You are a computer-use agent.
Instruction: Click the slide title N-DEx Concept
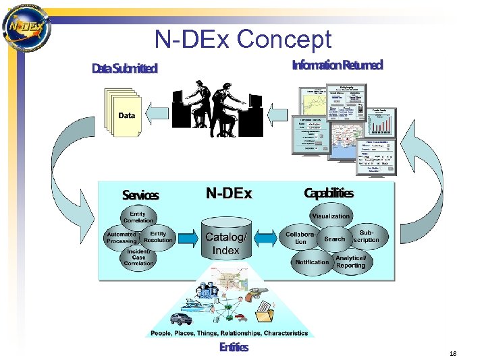pyautogui.click(x=243, y=39)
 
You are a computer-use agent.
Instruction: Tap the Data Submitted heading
pyautogui.click(x=124, y=68)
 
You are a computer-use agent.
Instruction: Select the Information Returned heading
pyautogui.click(x=337, y=65)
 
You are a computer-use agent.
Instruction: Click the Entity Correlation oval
pyautogui.click(x=138, y=217)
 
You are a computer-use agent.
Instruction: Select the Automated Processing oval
pyautogui.click(x=121, y=237)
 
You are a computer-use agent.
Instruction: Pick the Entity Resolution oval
pyautogui.click(x=158, y=237)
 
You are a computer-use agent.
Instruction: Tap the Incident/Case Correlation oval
pyautogui.click(x=138, y=257)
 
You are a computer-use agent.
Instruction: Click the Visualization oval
pyautogui.click(x=331, y=216)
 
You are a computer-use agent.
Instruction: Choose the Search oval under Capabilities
pyautogui.click(x=334, y=239)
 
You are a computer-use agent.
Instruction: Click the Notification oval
pyautogui.click(x=312, y=262)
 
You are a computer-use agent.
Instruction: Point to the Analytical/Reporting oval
pyautogui.click(x=351, y=262)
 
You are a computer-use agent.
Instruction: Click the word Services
pyautogui.click(x=140, y=195)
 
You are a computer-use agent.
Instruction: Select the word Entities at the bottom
pyautogui.click(x=234, y=348)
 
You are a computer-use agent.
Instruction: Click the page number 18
pyautogui.click(x=452, y=353)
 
